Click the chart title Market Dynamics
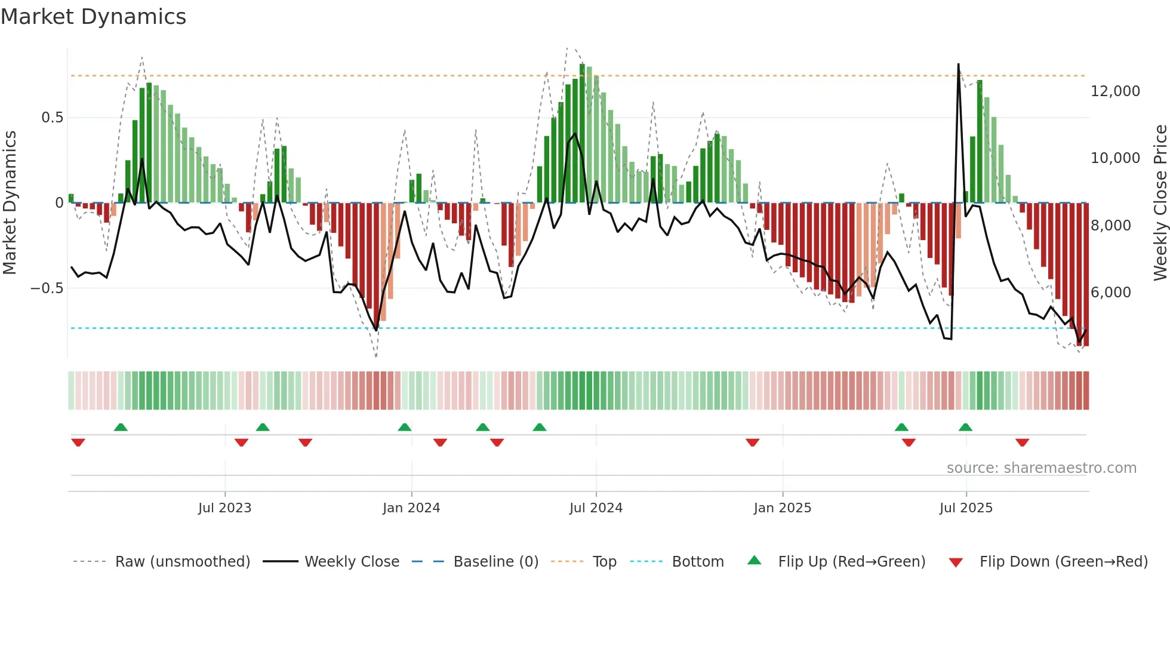pos(93,17)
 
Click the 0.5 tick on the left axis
pos(52,118)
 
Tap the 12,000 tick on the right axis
pos(1114,91)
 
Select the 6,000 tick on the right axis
pos(1110,293)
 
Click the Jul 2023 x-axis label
pos(224,508)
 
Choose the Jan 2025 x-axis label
pos(782,508)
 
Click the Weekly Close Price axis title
pos(1160,202)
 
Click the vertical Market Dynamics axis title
pos(10,202)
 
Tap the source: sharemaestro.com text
pos(1041,468)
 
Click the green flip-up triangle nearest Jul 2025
pos(965,427)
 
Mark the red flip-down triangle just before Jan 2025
pos(752,442)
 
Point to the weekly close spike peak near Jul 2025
pos(958,64)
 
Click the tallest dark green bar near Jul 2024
pos(582,131)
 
